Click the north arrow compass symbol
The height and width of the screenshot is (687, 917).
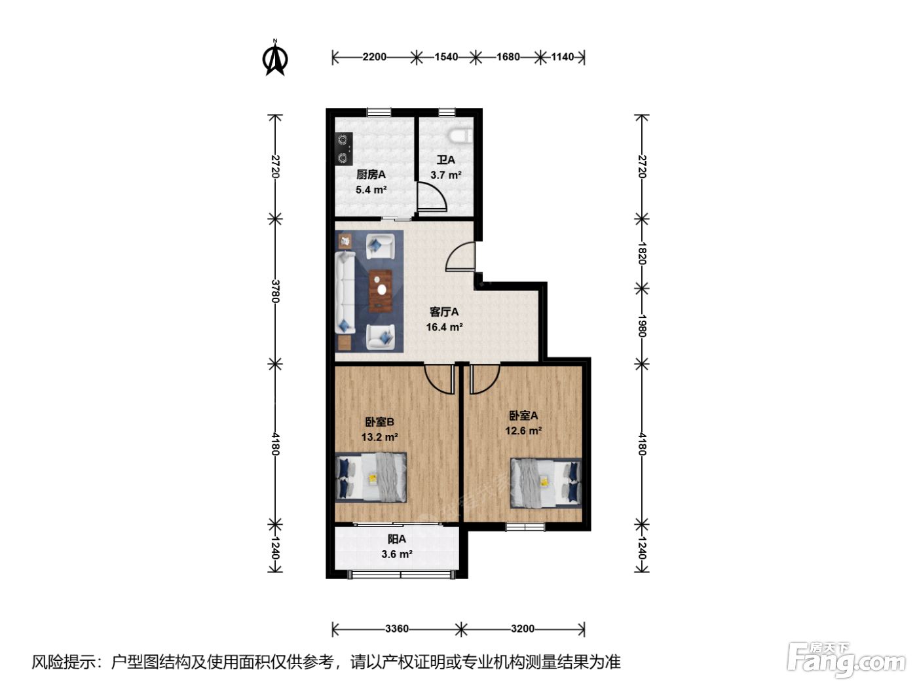click(x=275, y=58)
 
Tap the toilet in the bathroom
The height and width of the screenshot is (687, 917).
click(x=460, y=135)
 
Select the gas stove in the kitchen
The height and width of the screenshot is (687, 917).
click(x=343, y=149)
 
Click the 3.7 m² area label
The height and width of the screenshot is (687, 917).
click(x=446, y=175)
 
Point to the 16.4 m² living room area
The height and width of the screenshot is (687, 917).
click(x=444, y=327)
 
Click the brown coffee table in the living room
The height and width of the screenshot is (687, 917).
click(x=380, y=291)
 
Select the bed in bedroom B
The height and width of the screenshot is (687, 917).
click(x=371, y=478)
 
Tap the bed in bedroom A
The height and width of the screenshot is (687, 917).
click(x=546, y=483)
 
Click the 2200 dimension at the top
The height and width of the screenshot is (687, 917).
click(x=374, y=57)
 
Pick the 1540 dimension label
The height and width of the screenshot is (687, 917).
click(x=446, y=57)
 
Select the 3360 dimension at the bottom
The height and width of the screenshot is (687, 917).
click(x=396, y=629)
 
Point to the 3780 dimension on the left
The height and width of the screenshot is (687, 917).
click(x=275, y=291)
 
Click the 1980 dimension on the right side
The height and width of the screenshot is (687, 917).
click(x=642, y=326)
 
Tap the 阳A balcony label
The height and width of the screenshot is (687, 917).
click(x=396, y=539)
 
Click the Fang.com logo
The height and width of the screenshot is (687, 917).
click(x=846, y=660)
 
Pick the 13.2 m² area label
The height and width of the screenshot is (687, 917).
click(x=379, y=437)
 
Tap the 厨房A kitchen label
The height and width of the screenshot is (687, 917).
click(x=371, y=174)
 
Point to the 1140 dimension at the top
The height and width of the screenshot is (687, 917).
click(x=562, y=57)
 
